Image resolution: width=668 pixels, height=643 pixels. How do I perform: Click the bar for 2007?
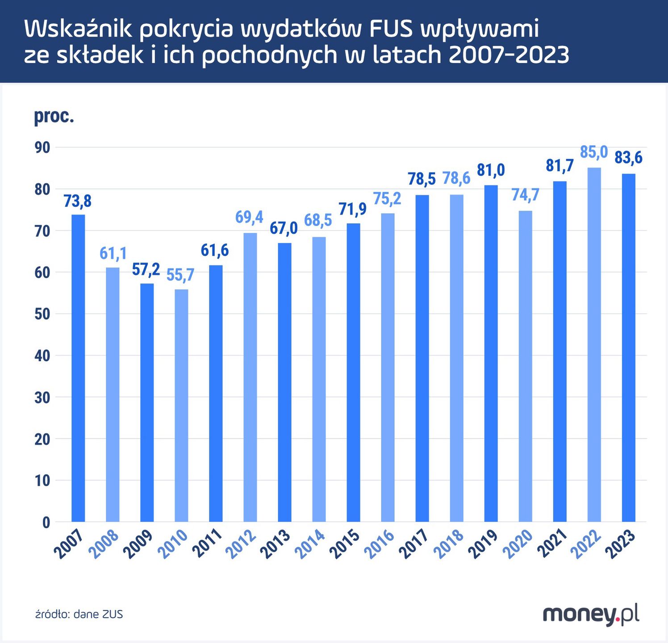[x=78, y=368]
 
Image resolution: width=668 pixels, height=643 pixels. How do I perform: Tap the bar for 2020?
[x=525, y=366]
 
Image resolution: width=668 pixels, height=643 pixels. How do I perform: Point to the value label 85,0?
[x=593, y=152]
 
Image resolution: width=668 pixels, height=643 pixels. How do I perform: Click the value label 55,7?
[x=180, y=275]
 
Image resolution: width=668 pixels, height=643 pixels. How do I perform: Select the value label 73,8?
[x=77, y=201]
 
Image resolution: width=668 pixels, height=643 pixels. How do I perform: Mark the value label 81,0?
[x=491, y=170]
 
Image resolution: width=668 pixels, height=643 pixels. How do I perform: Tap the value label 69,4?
[x=249, y=217]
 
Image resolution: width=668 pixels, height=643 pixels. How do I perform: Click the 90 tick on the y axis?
[x=42, y=147]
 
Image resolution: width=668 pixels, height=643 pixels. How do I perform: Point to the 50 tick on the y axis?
[x=42, y=314]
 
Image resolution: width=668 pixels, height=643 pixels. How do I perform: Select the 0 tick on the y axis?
[x=46, y=522]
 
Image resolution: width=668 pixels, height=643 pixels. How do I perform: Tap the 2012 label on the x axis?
[x=242, y=544]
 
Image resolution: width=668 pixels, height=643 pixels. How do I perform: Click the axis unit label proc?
[x=54, y=116]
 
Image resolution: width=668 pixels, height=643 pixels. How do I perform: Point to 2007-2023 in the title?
[x=509, y=55]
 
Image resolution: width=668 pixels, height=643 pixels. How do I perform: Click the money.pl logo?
[x=590, y=614]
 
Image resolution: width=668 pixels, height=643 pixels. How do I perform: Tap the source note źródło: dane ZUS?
[x=79, y=614]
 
